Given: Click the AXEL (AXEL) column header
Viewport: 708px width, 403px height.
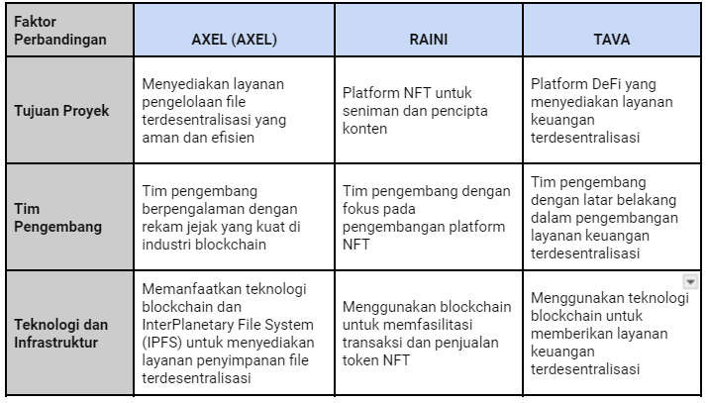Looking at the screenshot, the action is click(x=234, y=40).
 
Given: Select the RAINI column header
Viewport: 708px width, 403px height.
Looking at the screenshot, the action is click(x=429, y=40).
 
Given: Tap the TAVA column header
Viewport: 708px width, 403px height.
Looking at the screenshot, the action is click(x=611, y=40).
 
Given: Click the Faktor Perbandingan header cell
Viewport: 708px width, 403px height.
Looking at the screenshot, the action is click(x=60, y=31).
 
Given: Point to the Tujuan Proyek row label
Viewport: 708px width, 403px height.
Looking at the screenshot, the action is click(x=61, y=111).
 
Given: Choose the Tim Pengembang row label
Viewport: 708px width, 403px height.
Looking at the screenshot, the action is click(x=57, y=218).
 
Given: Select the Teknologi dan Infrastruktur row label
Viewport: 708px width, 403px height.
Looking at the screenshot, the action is click(x=61, y=334).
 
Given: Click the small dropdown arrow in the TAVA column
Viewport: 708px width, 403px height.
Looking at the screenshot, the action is click(x=690, y=282).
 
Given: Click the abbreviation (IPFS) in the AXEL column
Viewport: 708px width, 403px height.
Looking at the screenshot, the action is click(x=161, y=343).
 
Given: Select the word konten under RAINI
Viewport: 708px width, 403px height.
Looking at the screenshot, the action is click(x=364, y=129).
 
